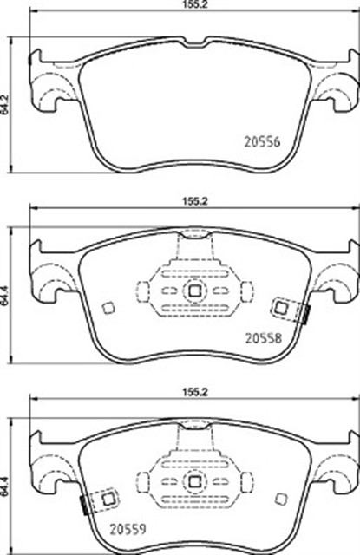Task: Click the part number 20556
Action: pyautogui.click(x=262, y=142)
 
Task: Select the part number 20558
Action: pyautogui.click(x=264, y=338)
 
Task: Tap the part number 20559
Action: pyautogui.click(x=128, y=530)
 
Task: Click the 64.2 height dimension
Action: pyautogui.click(x=5, y=104)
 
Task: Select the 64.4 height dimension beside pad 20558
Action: pyautogui.click(x=5, y=296)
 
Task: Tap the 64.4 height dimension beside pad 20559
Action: pyautogui.click(x=5, y=487)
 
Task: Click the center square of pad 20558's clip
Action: pyautogui.click(x=194, y=291)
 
